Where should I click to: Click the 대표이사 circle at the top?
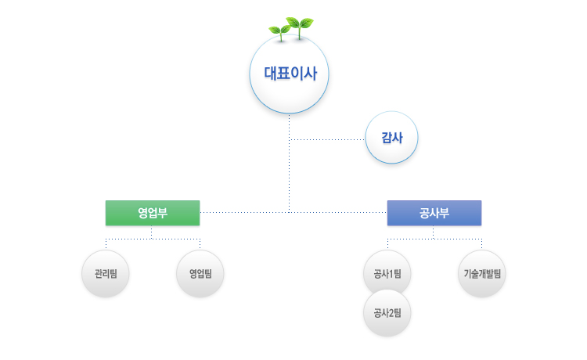289,75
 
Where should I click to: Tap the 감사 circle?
391,137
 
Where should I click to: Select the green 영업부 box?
153,213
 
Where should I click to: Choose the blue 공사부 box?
434,213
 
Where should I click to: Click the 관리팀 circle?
106,274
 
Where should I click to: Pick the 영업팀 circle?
200,274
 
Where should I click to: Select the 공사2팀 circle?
387,314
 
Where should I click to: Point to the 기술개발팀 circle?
481,274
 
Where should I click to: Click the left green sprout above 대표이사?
279,31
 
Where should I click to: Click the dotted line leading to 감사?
329,139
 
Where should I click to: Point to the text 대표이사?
289,75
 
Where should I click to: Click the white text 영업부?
153,213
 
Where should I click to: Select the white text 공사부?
434,213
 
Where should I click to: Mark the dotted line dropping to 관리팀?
106,243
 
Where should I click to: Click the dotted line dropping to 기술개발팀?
481,243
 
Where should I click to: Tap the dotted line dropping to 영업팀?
200,243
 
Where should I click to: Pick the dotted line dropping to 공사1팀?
387,243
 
